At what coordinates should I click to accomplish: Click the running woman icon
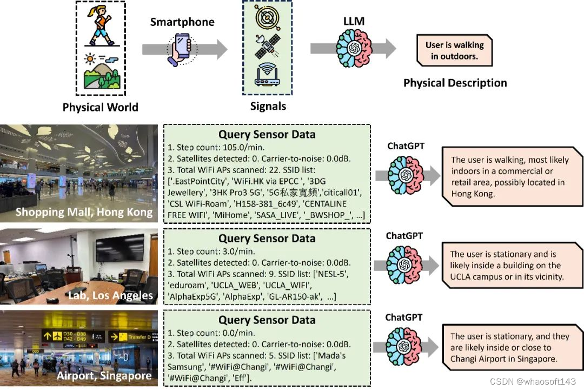(x=100, y=26)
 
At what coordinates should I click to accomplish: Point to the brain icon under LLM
(x=354, y=49)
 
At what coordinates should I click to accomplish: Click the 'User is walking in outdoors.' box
(x=454, y=50)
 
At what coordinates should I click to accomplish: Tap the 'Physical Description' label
(x=455, y=83)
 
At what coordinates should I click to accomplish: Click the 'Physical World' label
(x=100, y=107)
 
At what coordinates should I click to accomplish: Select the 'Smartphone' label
(x=182, y=22)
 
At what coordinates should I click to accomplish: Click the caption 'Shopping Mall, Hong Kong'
(x=84, y=211)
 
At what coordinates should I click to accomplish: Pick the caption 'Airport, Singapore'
(x=104, y=376)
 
